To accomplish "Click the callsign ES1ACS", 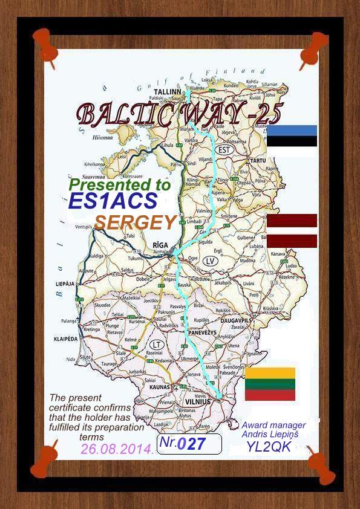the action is pyautogui.click(x=114, y=201).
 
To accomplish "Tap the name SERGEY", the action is pyautogui.click(x=135, y=222).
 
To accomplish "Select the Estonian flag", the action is pyautogui.click(x=292, y=136).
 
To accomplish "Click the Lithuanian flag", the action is pyautogui.click(x=270, y=384).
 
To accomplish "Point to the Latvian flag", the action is pyautogui.click(x=292, y=230).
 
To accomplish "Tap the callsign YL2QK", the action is pyautogui.click(x=269, y=447).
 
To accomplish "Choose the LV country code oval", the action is pyautogui.click(x=210, y=261).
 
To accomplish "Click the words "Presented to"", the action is pyautogui.click(x=120, y=184).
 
